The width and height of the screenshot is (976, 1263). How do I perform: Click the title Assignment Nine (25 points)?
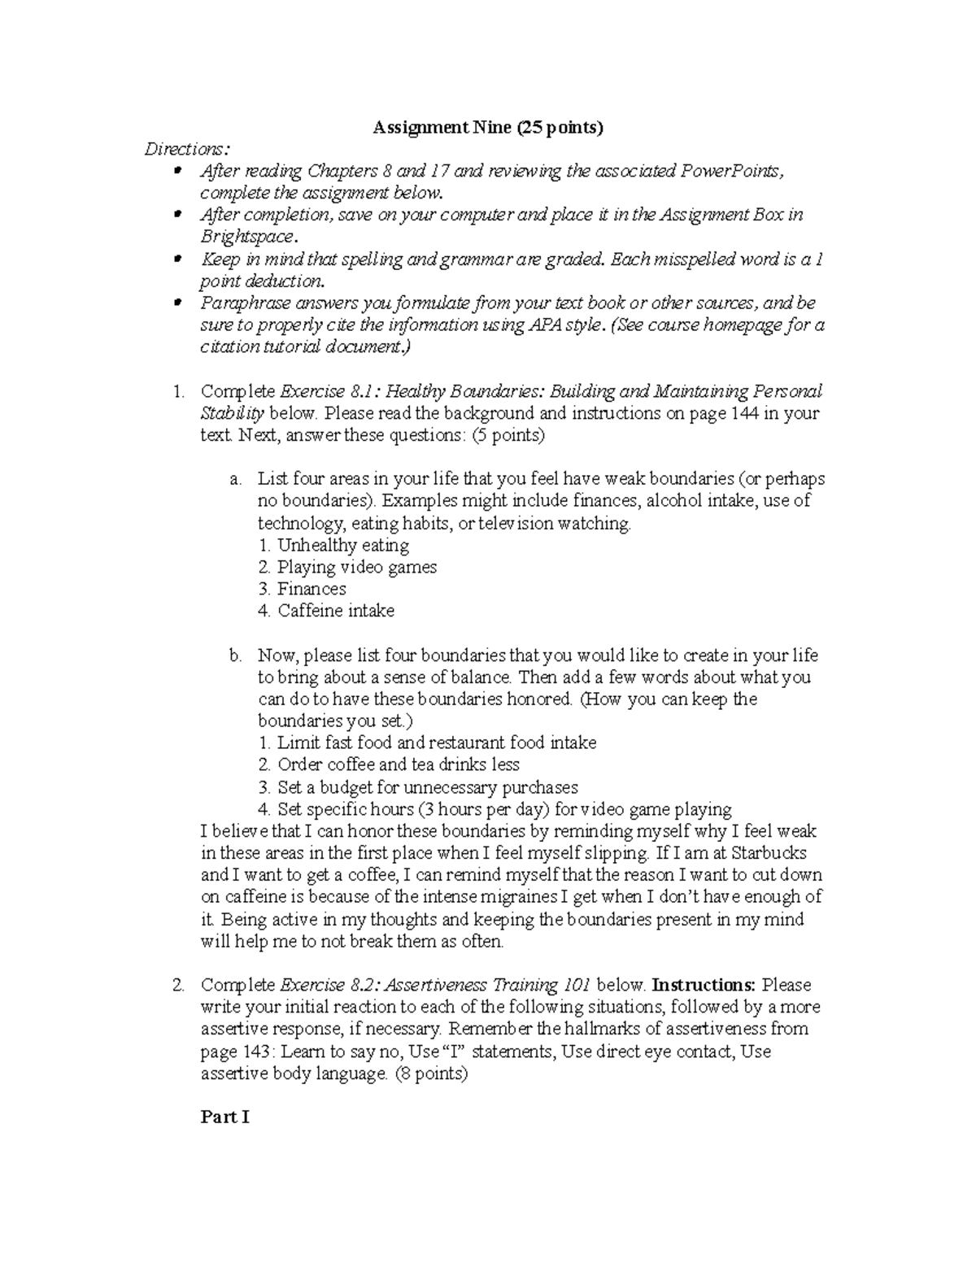(488, 128)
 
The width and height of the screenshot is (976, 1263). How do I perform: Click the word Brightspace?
(249, 237)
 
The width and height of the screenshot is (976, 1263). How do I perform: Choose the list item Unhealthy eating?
(342, 545)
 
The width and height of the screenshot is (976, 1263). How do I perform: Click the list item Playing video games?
(356, 567)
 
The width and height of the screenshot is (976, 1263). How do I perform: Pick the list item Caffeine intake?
(335, 611)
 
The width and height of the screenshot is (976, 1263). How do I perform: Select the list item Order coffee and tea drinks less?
(398, 764)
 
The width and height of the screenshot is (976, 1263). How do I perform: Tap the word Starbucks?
(769, 853)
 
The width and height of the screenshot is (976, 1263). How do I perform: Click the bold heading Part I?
(224, 1117)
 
